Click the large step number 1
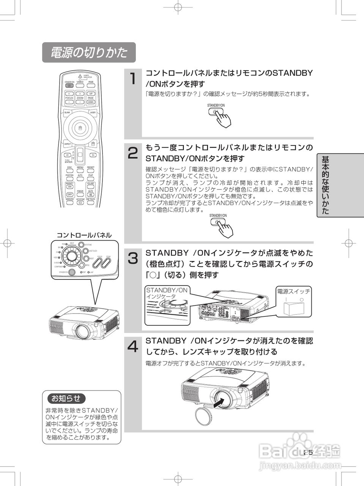(x=132, y=79)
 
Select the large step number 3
(x=132, y=258)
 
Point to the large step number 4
(x=132, y=346)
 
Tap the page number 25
(x=308, y=452)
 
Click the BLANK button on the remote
(x=67, y=112)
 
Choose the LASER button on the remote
(x=93, y=112)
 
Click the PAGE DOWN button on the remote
(x=91, y=102)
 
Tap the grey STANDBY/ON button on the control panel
(x=72, y=272)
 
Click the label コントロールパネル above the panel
(x=84, y=235)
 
